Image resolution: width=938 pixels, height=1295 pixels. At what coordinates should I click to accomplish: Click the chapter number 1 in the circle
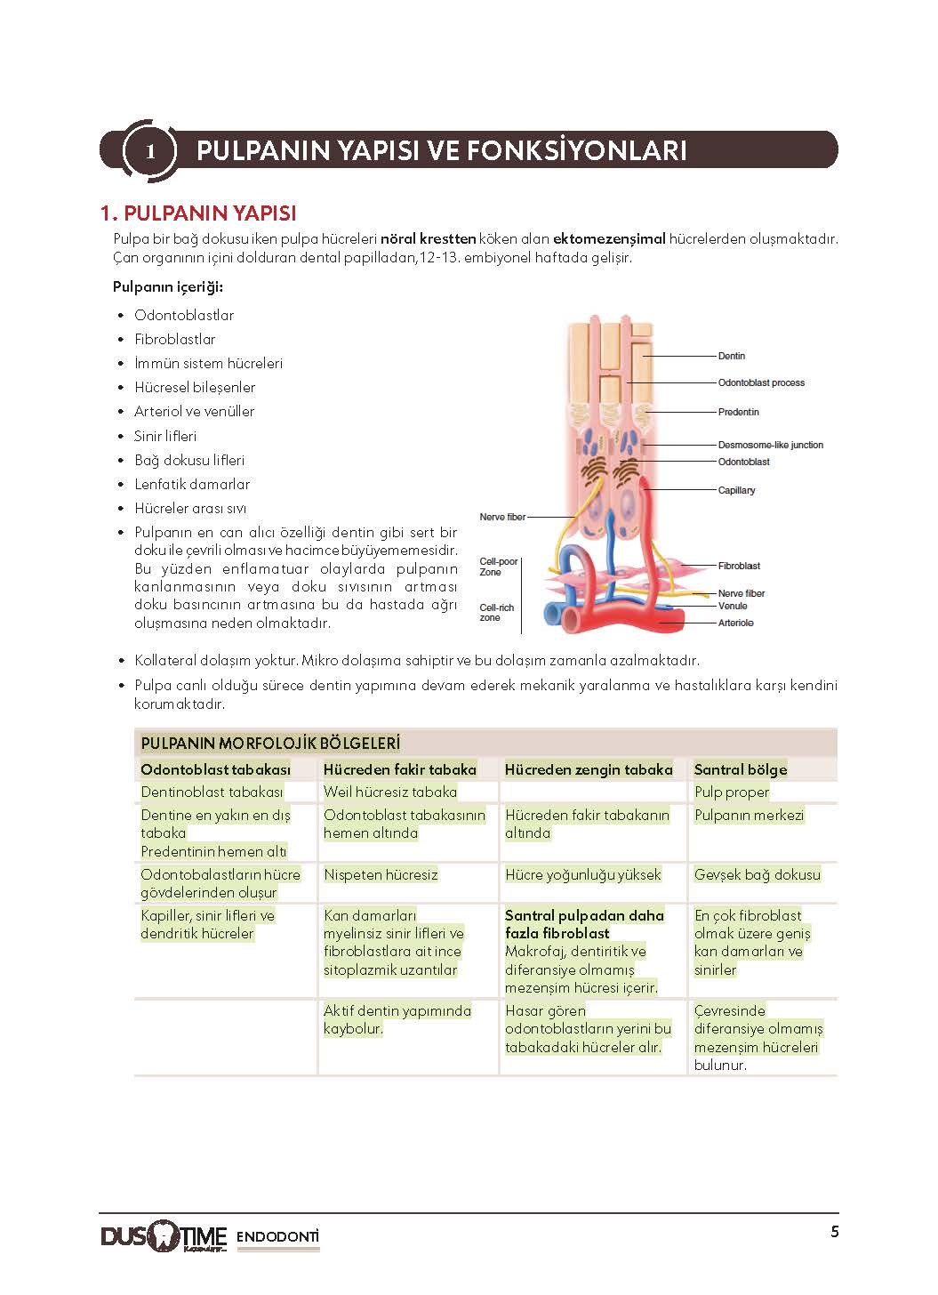tap(150, 151)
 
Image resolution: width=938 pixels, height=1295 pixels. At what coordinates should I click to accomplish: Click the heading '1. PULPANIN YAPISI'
tap(198, 213)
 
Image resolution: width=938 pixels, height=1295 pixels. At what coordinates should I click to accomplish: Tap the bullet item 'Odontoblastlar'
tap(184, 315)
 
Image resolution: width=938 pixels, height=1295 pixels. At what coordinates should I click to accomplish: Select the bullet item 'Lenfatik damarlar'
tap(192, 484)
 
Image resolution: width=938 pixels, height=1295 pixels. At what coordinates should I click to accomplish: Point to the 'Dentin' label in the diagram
tap(732, 356)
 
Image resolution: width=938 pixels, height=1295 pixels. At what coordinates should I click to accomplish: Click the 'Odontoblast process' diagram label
tap(761, 382)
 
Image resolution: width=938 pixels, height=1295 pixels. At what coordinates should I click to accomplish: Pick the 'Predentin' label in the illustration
tap(738, 412)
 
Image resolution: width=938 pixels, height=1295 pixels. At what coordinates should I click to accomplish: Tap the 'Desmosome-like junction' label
tap(770, 445)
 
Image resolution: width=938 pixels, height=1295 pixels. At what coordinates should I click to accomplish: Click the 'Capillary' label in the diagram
tap(736, 490)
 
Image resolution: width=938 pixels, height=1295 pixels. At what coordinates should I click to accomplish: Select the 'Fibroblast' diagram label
tap(739, 566)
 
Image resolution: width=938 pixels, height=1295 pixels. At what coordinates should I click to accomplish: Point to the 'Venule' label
tap(733, 606)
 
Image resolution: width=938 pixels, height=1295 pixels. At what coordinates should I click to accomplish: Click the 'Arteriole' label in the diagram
tap(735, 623)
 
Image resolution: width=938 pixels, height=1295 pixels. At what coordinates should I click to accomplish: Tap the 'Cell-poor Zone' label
tap(498, 567)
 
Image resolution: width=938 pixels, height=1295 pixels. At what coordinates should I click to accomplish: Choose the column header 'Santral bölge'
tap(740, 769)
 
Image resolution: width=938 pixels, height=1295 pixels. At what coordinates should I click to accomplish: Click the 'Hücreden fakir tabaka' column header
tap(399, 769)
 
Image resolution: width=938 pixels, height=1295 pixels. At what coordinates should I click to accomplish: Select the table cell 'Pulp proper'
tap(732, 792)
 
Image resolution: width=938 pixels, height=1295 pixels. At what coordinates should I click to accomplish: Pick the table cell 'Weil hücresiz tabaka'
tap(389, 792)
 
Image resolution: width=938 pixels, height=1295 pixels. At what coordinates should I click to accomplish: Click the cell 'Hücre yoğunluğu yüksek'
tap(582, 874)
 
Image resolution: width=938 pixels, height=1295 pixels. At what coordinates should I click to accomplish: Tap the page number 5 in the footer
tap(834, 1232)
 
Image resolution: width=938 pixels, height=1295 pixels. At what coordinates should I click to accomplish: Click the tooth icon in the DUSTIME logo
tap(163, 1236)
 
